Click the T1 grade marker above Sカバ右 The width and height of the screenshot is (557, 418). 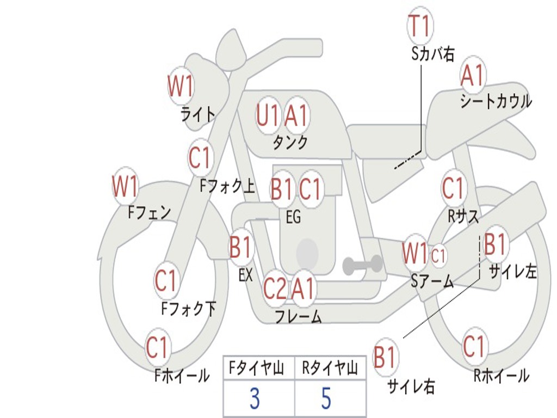click(419, 27)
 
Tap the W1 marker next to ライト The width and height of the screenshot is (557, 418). click(181, 86)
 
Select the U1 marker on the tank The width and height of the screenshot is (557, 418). click(268, 115)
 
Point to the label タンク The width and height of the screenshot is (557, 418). click(290, 143)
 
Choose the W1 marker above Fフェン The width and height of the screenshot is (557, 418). click(125, 187)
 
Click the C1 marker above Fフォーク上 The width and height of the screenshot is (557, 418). click(200, 158)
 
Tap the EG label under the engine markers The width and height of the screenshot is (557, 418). click(293, 217)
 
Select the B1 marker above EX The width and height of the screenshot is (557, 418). click(240, 248)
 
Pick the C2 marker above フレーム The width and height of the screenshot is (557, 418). click(275, 288)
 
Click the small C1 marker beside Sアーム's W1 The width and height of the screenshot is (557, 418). click(438, 255)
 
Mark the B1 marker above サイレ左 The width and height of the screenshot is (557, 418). click(495, 244)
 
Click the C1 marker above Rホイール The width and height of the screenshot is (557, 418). click(474, 347)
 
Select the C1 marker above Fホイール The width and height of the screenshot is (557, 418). click(157, 347)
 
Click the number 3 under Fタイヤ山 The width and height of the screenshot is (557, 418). click(255, 399)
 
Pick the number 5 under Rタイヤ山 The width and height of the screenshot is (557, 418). click(326, 399)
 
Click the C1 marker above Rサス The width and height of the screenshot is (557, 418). click(453, 188)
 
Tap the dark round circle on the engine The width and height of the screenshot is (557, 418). click(307, 253)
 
